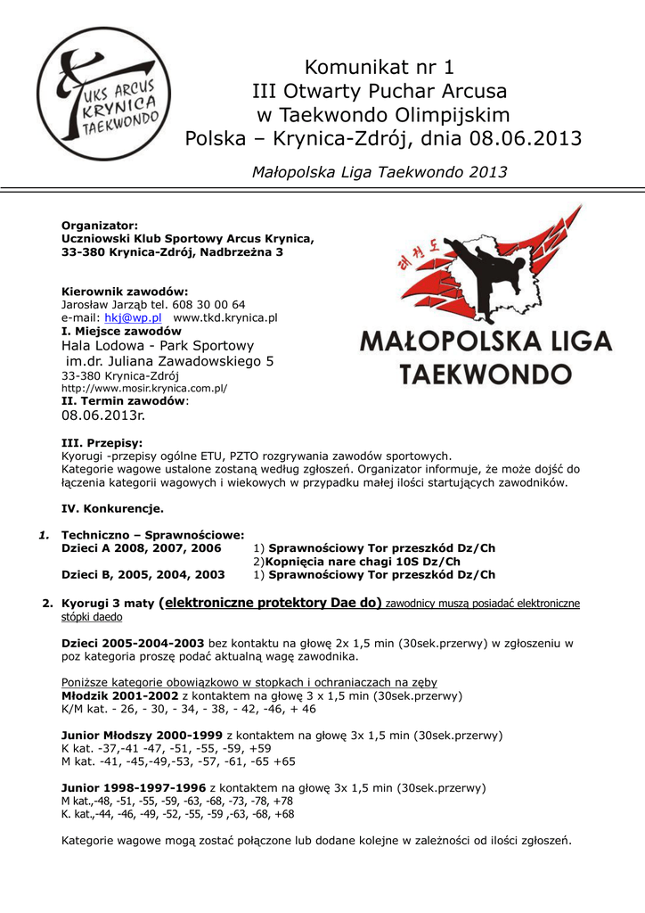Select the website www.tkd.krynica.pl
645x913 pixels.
(225, 317)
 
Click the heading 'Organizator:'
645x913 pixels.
(99, 226)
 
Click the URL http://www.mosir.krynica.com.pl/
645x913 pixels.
(144, 389)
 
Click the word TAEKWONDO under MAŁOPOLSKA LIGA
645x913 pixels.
(486, 372)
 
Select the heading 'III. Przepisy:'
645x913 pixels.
(102, 442)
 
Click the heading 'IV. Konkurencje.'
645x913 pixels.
(112, 509)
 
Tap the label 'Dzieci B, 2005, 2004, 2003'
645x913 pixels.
(143, 575)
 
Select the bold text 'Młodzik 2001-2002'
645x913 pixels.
(119, 695)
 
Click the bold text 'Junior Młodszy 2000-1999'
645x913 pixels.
(142, 736)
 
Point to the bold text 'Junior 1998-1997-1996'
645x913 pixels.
(133, 788)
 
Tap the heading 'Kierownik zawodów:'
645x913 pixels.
(125, 292)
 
